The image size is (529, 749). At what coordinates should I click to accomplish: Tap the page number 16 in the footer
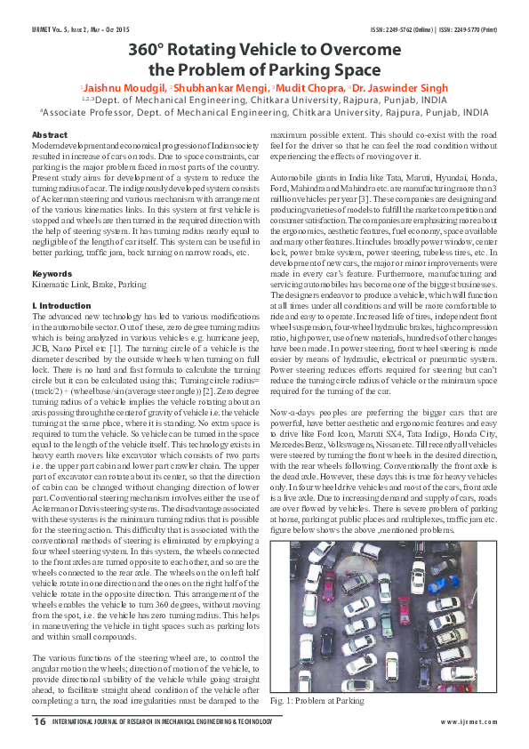(x=39, y=721)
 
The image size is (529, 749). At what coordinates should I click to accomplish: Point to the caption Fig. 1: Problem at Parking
(x=317, y=701)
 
